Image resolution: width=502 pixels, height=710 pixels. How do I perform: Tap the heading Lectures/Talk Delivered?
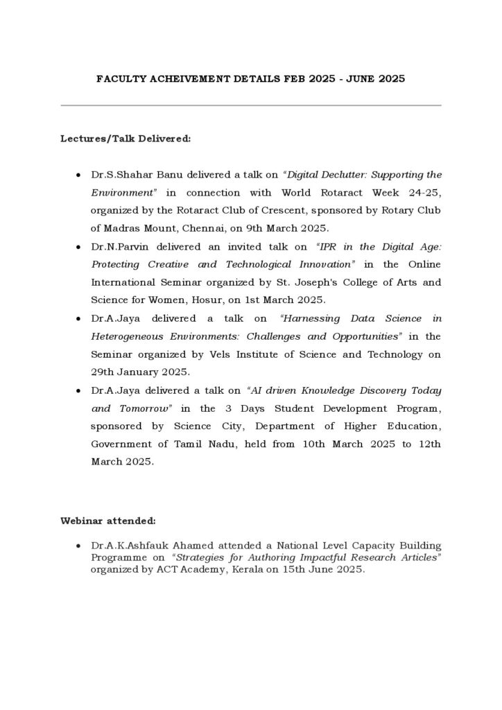click(125, 139)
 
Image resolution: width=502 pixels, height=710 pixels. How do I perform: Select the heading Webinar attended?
click(107, 519)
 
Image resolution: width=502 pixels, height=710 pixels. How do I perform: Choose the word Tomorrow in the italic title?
click(144, 409)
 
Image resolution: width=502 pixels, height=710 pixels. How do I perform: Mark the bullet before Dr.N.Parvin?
click(78, 248)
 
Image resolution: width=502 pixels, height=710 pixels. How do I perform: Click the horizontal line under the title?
click(251, 105)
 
